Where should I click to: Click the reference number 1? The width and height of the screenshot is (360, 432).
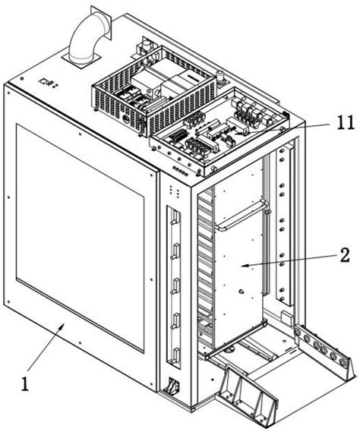(26, 384)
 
